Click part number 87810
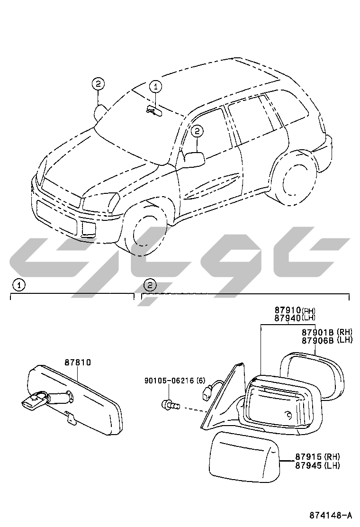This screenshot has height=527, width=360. (x=78, y=363)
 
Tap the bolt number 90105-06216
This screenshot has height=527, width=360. (x=169, y=381)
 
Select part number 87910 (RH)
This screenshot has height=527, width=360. (x=295, y=310)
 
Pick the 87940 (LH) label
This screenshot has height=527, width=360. (x=295, y=318)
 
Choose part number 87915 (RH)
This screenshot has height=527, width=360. (x=318, y=457)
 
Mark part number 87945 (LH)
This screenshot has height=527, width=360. (x=318, y=465)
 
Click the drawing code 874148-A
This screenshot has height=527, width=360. (x=331, y=515)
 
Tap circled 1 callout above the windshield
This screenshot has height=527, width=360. (x=155, y=87)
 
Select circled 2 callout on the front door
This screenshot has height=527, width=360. (x=197, y=131)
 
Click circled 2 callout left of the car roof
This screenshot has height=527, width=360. (x=98, y=84)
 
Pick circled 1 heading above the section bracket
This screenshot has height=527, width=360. (x=19, y=285)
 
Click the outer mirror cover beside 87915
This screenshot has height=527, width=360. (x=244, y=456)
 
